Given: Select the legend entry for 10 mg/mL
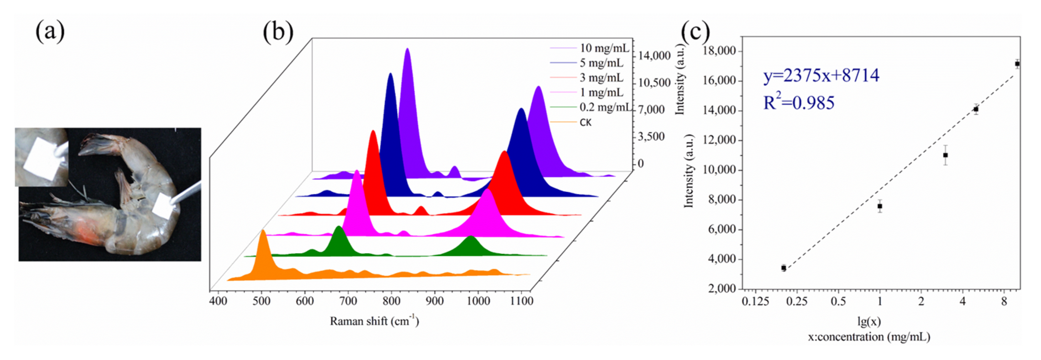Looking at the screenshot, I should coord(604,48).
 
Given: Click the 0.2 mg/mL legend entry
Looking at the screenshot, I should coord(604,107).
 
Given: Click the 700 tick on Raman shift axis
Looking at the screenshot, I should coord(348,301).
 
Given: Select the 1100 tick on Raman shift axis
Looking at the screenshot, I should coord(521,301).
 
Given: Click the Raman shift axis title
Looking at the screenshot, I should coord(374,321).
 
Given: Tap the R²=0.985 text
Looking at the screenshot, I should coord(798,103).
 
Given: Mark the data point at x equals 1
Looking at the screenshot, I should coord(879,206).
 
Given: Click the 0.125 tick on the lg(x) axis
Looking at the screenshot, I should coord(755,301).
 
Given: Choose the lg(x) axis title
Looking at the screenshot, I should coord(869,322).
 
